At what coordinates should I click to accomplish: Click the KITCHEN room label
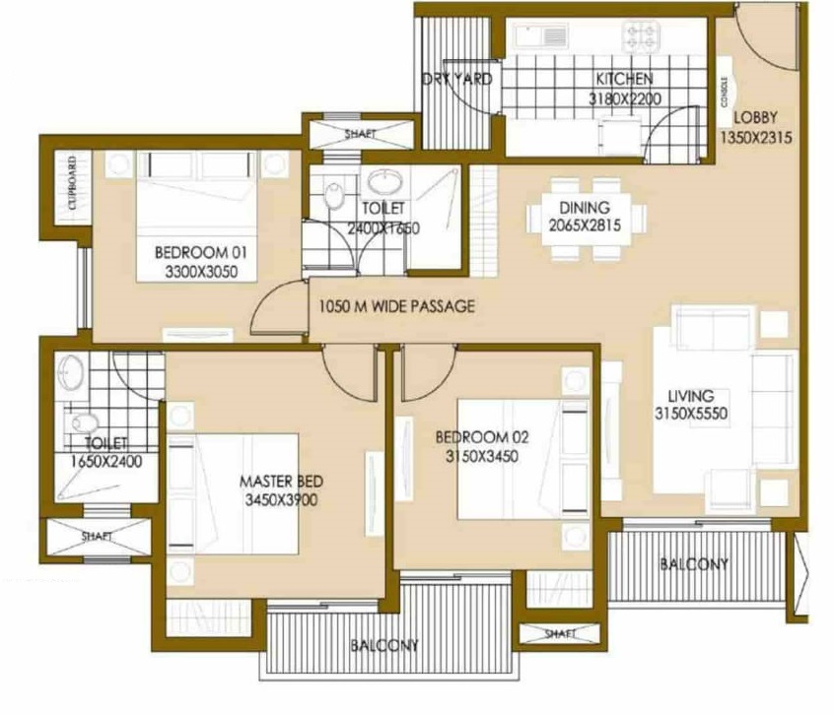click(x=624, y=79)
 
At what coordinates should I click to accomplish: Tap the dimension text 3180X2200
click(x=624, y=98)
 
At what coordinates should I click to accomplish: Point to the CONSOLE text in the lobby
click(x=724, y=92)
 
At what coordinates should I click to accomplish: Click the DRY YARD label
click(x=457, y=79)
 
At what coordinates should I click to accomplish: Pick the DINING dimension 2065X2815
click(x=585, y=226)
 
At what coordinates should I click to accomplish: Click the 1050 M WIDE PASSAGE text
click(x=396, y=306)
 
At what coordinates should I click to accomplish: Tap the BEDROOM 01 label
click(x=201, y=252)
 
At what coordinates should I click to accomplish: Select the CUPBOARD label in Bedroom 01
click(x=73, y=182)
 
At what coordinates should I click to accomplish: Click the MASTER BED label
click(x=281, y=482)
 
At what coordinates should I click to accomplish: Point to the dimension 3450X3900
click(x=281, y=500)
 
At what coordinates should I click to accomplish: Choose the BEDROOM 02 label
click(x=482, y=437)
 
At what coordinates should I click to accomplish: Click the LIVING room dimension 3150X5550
click(x=691, y=414)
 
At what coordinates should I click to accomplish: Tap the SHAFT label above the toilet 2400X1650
click(x=360, y=134)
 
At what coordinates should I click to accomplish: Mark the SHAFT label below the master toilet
click(x=97, y=537)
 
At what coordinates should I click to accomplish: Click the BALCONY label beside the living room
click(x=694, y=564)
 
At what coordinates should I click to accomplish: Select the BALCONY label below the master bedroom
click(x=384, y=646)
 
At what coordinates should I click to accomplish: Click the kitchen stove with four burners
click(x=641, y=36)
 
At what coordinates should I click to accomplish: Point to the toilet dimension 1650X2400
click(x=106, y=461)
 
